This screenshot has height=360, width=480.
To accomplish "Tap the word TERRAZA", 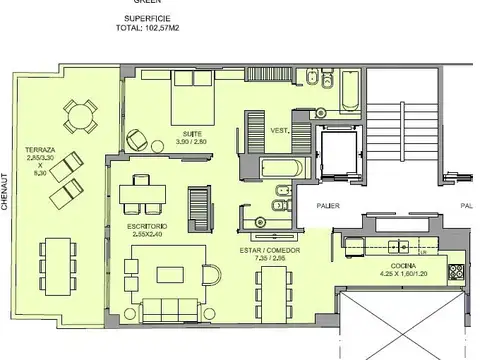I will click(x=43, y=149).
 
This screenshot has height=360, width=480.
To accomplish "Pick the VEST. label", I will click(x=281, y=130).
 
